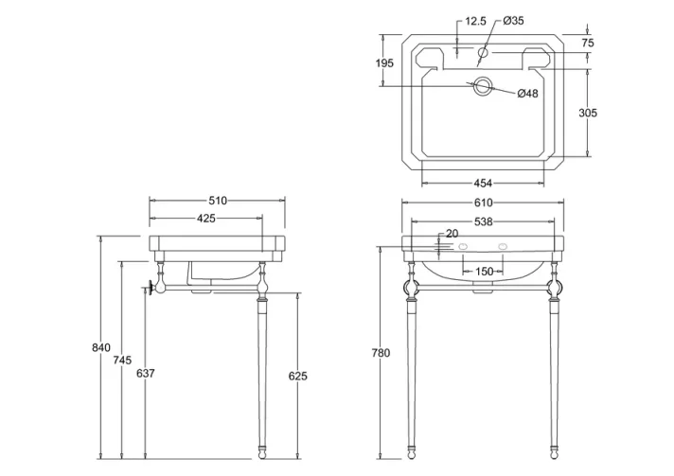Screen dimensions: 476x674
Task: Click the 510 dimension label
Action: pos(217,201)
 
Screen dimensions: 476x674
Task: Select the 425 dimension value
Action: pos(206,219)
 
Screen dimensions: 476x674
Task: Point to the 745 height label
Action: pos(121,361)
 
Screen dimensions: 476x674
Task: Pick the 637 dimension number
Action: pos(145,374)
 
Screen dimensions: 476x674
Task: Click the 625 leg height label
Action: pos(297,376)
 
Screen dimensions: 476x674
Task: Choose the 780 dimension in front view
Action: pos(380,353)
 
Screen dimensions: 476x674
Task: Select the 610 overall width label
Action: pos(483,203)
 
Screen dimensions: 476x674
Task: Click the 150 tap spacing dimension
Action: pos(484,272)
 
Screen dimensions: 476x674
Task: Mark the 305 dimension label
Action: pos(588,113)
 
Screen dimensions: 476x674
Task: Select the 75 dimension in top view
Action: pos(588,44)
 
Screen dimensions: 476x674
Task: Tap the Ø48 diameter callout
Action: pos(527,93)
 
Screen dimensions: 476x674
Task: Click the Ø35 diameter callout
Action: pos(515,21)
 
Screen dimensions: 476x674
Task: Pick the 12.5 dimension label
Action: pos(476,21)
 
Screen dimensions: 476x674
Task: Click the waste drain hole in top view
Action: pos(483,86)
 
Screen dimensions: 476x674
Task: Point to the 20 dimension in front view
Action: pos(451,234)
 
